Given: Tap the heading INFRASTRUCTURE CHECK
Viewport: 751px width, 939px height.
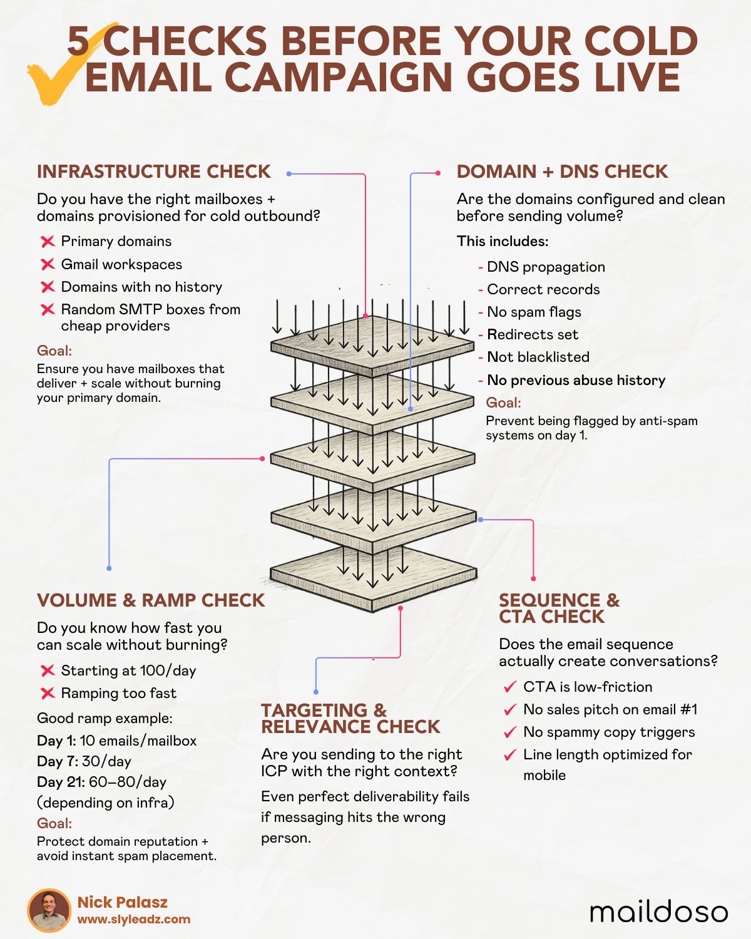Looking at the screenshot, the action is click(x=153, y=172).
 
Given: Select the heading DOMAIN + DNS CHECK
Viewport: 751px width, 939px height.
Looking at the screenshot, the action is click(x=562, y=172).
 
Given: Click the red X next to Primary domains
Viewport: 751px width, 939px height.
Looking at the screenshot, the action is click(x=48, y=242).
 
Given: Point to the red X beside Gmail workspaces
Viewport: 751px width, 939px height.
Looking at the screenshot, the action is click(x=48, y=264).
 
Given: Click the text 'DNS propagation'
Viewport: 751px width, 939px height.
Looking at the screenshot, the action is click(x=546, y=267).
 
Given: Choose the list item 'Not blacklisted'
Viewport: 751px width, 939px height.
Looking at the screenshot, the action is click(x=538, y=357).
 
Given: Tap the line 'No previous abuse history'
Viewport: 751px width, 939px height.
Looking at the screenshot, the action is click(x=576, y=381).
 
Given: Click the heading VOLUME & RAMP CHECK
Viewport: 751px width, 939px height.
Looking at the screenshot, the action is click(x=151, y=600).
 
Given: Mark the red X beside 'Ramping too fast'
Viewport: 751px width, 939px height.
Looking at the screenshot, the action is click(x=48, y=694).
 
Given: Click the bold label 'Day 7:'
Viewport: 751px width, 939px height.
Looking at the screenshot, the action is click(x=57, y=762).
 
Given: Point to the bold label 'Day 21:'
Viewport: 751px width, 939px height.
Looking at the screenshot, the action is click(x=61, y=782).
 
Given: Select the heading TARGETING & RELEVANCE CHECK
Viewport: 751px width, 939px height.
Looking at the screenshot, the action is click(x=350, y=719).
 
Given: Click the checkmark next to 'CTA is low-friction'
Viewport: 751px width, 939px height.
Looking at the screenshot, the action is click(x=510, y=687).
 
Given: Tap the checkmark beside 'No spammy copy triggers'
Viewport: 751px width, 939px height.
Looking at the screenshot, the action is click(x=510, y=732).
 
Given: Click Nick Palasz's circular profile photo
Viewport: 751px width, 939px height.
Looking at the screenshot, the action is click(x=49, y=910).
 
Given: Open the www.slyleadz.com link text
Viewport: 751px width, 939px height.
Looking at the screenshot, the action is click(x=134, y=920).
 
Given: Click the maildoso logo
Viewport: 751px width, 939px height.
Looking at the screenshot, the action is click(x=658, y=911).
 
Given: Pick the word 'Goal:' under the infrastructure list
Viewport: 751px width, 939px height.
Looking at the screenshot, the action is click(x=54, y=351).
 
